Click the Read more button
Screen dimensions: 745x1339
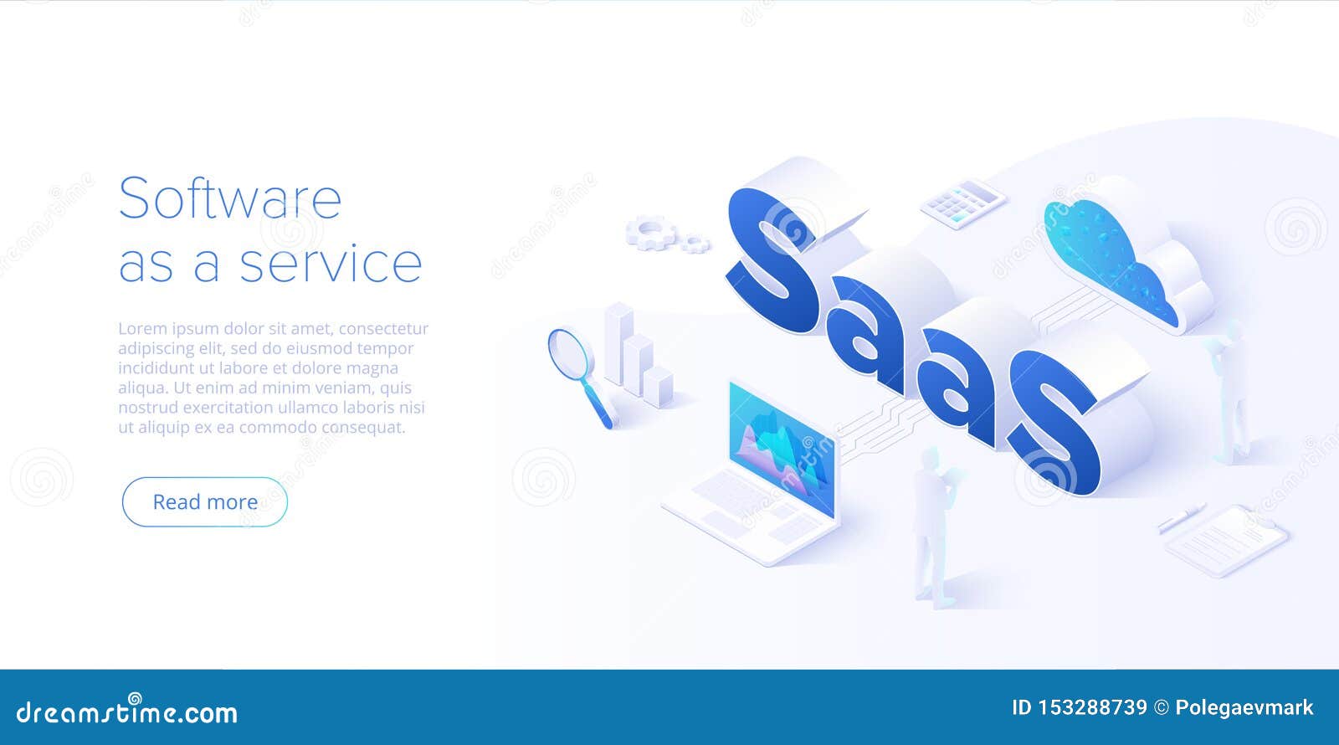(205, 501)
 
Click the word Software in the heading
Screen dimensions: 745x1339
(230, 198)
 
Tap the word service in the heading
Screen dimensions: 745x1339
(331, 264)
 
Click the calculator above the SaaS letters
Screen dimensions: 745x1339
(962, 203)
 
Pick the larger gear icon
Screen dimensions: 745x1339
(649, 231)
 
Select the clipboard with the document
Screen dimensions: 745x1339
(1227, 540)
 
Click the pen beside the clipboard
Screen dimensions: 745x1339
(1181, 518)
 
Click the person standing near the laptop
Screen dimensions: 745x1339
(933, 527)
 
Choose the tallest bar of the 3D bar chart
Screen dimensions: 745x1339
(619, 343)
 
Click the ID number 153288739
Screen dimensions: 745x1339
(1091, 708)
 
